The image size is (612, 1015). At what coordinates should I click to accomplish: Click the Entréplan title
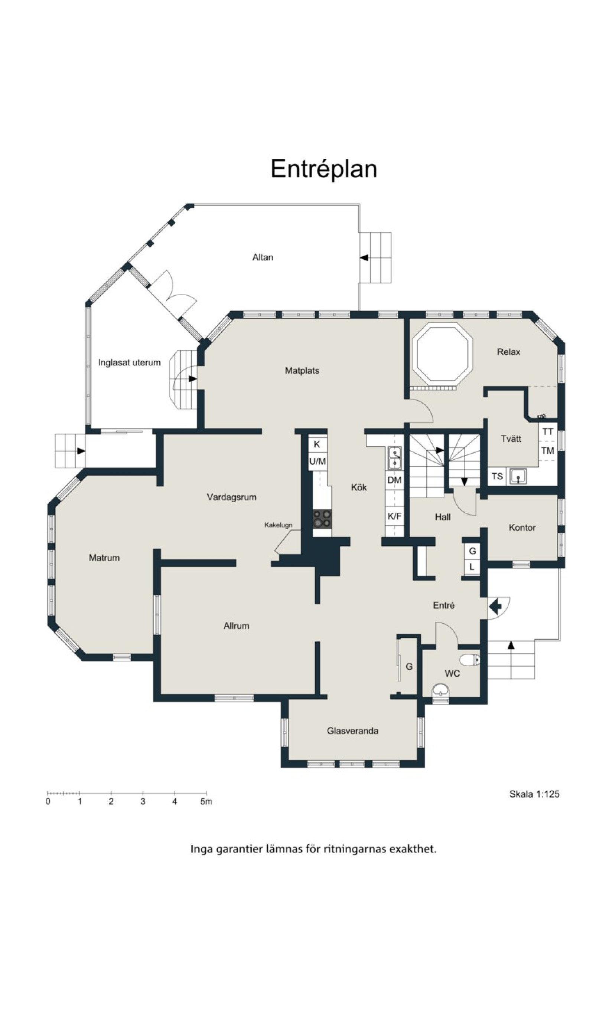(x=324, y=169)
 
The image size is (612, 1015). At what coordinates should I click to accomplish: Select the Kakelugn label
(x=279, y=525)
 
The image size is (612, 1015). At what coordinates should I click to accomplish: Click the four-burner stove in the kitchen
(x=322, y=519)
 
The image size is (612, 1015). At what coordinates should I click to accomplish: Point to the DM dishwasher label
(x=395, y=480)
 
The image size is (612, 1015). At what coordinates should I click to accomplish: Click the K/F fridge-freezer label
(x=395, y=516)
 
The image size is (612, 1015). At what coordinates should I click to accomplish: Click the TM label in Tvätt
(x=548, y=451)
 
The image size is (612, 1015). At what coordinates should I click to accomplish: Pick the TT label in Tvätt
(x=548, y=432)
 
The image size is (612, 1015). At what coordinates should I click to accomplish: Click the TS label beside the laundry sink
(x=497, y=476)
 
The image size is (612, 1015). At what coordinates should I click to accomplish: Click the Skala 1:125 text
(x=534, y=794)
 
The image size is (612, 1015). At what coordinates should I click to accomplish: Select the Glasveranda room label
(x=352, y=731)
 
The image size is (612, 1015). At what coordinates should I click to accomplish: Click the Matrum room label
(x=104, y=558)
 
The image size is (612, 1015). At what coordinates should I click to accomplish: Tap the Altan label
(x=263, y=257)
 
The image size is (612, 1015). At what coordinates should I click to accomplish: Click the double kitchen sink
(x=395, y=458)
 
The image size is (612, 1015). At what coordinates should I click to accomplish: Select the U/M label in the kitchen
(x=318, y=461)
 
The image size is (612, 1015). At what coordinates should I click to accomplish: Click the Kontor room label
(x=522, y=528)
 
